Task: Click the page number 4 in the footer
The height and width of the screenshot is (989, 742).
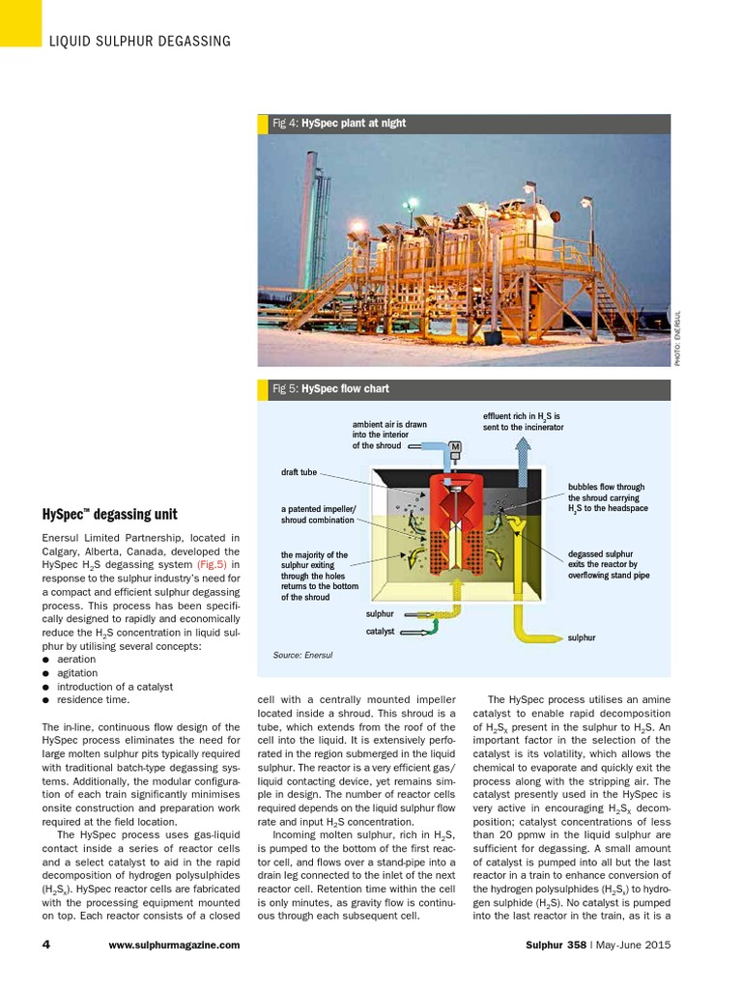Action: [45, 945]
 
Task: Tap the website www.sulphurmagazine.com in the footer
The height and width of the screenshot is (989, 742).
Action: [175, 945]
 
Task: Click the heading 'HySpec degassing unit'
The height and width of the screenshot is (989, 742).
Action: [110, 514]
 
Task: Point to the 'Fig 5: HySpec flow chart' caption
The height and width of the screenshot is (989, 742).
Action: [330, 389]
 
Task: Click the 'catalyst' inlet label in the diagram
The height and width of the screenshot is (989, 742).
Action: [380, 632]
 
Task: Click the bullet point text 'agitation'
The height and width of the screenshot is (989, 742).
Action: [77, 672]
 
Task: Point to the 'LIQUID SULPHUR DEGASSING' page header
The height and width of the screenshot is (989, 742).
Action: [140, 41]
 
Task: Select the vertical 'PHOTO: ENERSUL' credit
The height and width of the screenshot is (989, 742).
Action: [678, 337]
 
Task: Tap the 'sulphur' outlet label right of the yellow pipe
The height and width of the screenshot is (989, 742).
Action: [582, 638]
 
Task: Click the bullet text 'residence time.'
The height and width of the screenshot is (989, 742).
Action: [93, 699]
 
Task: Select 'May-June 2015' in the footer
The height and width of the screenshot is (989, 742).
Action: [633, 945]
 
